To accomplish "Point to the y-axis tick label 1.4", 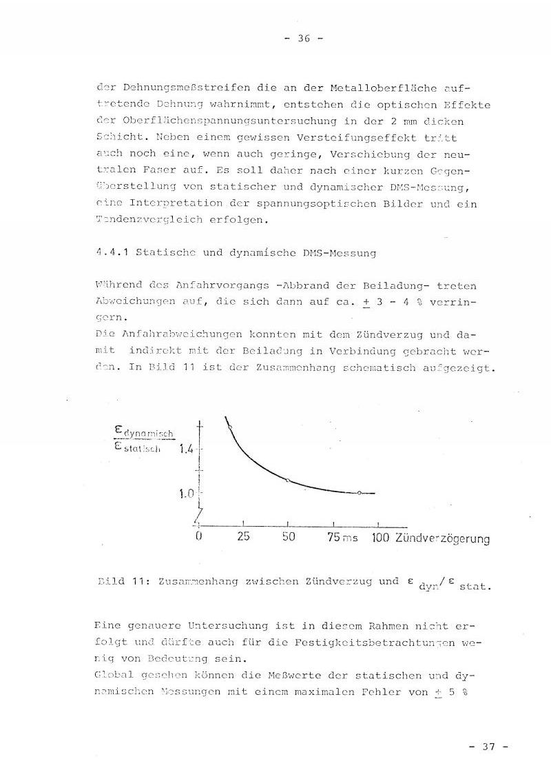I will coord(187,449).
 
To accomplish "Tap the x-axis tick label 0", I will coord(199,537).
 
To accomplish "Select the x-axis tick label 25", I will coord(243,537).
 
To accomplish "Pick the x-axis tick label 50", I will coord(288,537).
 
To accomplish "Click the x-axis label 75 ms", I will coord(342,538).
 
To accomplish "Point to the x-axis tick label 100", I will coord(380,538).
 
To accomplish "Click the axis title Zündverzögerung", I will coord(442,538).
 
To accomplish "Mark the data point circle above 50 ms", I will coord(287,480).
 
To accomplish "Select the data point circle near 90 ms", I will coord(359,493).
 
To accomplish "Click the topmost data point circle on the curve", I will coord(229,428).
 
